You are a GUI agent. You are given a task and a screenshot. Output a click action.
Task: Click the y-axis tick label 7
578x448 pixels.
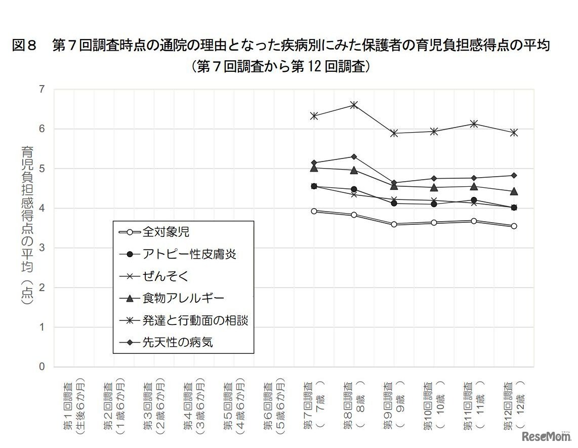(x=42, y=90)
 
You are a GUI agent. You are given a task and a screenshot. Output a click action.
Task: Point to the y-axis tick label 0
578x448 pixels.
(x=42, y=366)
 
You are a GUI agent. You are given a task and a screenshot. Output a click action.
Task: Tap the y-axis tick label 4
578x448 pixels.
(x=42, y=208)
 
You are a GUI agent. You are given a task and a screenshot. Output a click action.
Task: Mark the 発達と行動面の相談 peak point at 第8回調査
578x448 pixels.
(x=354, y=105)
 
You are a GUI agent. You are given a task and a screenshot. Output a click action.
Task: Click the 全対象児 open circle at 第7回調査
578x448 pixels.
(x=314, y=211)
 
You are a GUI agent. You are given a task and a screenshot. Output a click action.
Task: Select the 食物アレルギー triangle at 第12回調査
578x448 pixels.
(x=514, y=191)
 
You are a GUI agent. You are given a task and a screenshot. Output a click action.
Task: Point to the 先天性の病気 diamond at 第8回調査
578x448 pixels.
(x=354, y=156)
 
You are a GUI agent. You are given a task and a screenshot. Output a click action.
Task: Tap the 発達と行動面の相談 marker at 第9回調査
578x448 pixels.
(x=394, y=133)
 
